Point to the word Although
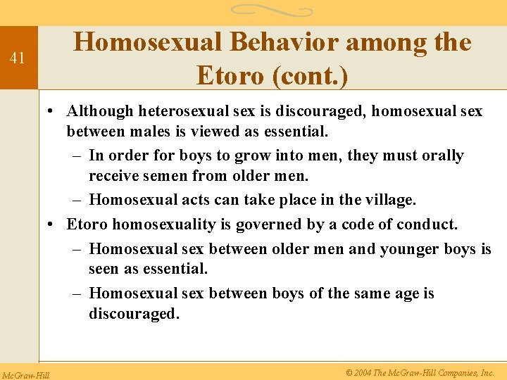click(99, 111)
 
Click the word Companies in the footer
click(451, 372)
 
